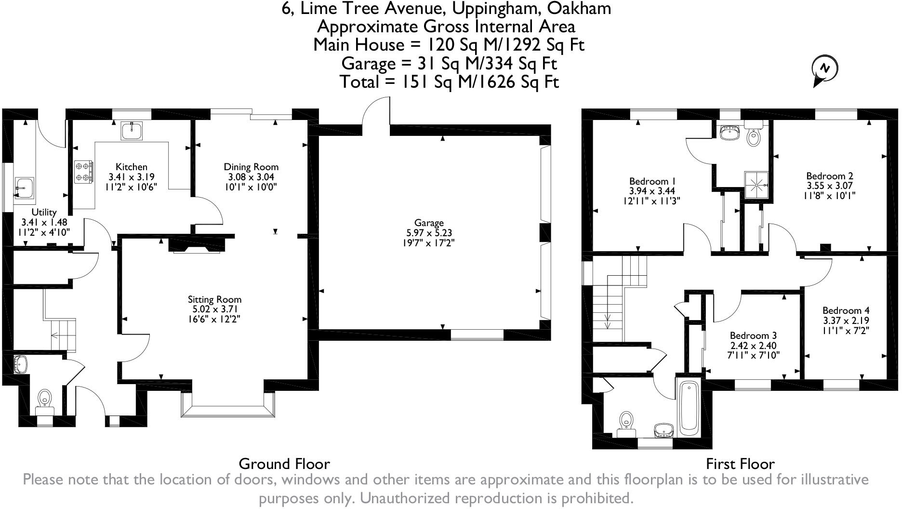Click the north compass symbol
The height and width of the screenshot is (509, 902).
coord(824,69)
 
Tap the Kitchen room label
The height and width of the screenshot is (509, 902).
coord(132,167)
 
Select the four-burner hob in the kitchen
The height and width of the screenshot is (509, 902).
coord(84,172)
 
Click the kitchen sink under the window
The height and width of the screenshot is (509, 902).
coord(132,131)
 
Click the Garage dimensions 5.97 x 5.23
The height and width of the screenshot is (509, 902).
coord(429,233)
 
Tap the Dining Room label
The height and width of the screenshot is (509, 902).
coord(251,167)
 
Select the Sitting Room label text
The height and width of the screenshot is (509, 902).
coord(214,299)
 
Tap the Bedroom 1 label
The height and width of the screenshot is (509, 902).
coord(652,181)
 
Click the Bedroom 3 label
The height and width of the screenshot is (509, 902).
coord(753,335)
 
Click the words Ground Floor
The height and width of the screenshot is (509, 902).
coord(284,464)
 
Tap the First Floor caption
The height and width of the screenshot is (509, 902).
coord(740,464)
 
